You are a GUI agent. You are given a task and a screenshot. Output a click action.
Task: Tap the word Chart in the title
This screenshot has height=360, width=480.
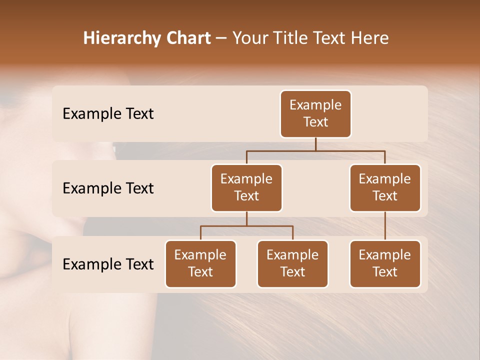pyautogui.click(x=186, y=38)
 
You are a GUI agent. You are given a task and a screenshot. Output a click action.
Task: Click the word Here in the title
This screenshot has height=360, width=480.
pyautogui.click(x=368, y=38)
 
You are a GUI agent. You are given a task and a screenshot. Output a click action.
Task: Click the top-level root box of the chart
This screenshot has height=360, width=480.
pyautogui.click(x=315, y=114)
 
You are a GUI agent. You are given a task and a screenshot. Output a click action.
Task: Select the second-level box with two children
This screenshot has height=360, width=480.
pyautogui.click(x=246, y=188)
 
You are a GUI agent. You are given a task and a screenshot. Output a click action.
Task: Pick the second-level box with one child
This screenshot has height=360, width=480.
pyautogui.click(x=385, y=188)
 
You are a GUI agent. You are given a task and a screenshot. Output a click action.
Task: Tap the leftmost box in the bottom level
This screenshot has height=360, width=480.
pyautogui.click(x=200, y=264)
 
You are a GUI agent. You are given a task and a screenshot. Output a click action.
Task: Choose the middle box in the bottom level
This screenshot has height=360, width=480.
pyautogui.click(x=292, y=264)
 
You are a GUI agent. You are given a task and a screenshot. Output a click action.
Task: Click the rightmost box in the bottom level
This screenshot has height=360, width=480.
pyautogui.click(x=385, y=264)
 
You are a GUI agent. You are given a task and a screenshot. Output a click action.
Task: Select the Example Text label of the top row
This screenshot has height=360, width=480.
pyautogui.click(x=108, y=114)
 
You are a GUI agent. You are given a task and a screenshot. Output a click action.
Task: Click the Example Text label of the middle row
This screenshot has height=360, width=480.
pyautogui.click(x=108, y=188)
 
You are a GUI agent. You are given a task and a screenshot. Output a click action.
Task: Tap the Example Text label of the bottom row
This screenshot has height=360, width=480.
pyautogui.click(x=108, y=264)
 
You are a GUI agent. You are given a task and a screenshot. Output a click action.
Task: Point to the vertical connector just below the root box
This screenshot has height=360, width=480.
pyautogui.click(x=315, y=144)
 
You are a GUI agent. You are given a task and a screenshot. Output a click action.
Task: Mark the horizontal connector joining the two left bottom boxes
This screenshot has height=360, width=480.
pyautogui.click(x=270, y=226)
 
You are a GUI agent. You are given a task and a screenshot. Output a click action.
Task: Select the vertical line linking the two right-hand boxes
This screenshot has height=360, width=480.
pyautogui.click(x=385, y=226)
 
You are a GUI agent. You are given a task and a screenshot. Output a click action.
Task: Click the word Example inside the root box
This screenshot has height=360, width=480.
pyautogui.click(x=315, y=105)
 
